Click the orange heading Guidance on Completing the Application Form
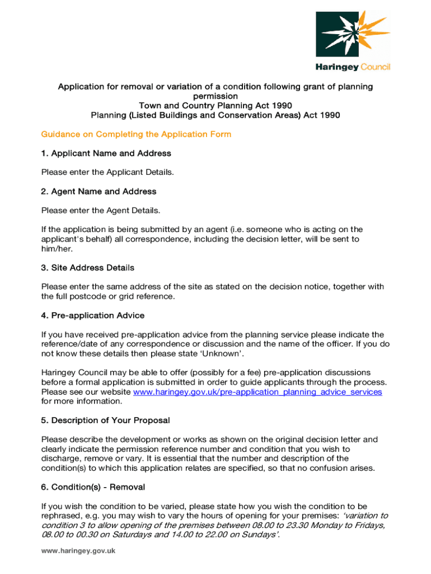tap(136, 135)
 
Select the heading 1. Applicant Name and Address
tap(106, 153)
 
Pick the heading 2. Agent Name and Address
tap(99, 191)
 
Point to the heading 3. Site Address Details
tap(88, 267)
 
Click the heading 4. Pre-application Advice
tap(93, 316)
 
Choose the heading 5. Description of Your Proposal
tap(105, 420)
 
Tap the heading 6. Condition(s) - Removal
tap(93, 487)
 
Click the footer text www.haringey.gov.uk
tap(78, 551)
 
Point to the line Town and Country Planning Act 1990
tap(215, 105)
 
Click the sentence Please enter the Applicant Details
tap(107, 172)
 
